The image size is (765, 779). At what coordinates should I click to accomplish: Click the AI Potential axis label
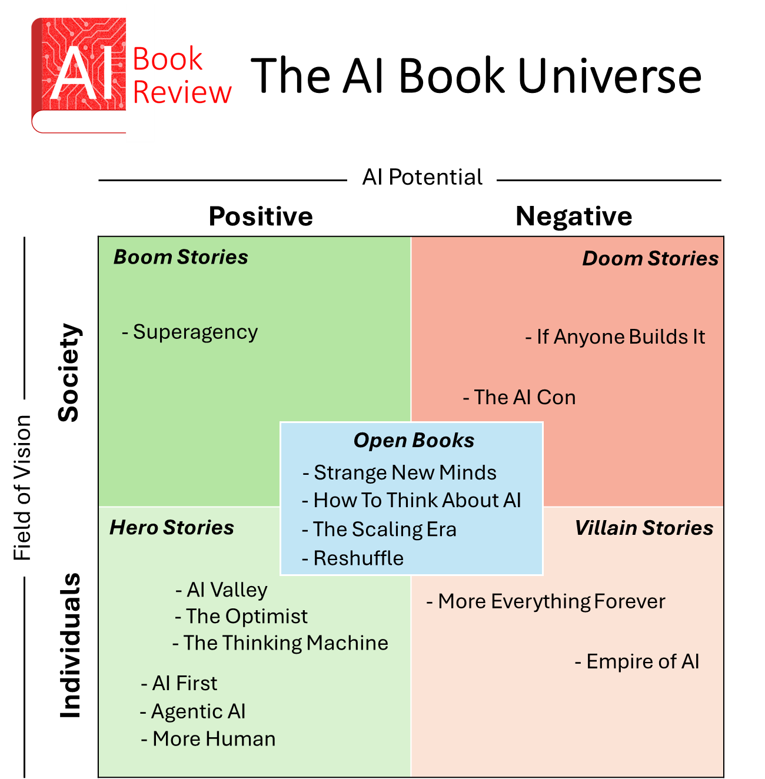pyautogui.click(x=422, y=177)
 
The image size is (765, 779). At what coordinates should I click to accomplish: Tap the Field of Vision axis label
pyautogui.click(x=22, y=488)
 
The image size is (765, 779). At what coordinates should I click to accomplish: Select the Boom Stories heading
pyautogui.click(x=181, y=257)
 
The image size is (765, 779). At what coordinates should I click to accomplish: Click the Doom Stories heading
pyautogui.click(x=650, y=258)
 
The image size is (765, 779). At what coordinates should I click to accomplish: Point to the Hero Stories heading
pyautogui.click(x=172, y=528)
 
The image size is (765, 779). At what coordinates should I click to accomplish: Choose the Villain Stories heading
pyautogui.click(x=644, y=528)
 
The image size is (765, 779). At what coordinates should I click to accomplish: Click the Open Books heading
pyautogui.click(x=414, y=440)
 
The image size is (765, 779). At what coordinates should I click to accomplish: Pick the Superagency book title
pyautogui.click(x=195, y=332)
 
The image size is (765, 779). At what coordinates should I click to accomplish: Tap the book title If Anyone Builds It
pyautogui.click(x=620, y=337)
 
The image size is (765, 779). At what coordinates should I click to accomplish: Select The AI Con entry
pyautogui.click(x=524, y=397)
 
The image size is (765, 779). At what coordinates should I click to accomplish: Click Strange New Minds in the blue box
pyautogui.click(x=405, y=472)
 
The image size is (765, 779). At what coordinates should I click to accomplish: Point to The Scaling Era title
pyautogui.click(x=384, y=529)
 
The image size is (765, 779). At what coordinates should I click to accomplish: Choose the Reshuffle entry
pyautogui.click(x=358, y=558)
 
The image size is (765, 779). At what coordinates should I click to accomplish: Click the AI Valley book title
pyautogui.click(x=227, y=590)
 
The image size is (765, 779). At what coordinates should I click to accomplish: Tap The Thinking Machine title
pyautogui.click(x=285, y=643)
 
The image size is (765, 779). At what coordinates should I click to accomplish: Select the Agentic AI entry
pyautogui.click(x=198, y=711)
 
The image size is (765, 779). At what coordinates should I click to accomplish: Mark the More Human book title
pyautogui.click(x=214, y=739)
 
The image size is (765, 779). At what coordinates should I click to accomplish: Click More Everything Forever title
pyautogui.click(x=551, y=601)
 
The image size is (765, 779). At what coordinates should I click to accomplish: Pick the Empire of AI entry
pyautogui.click(x=643, y=661)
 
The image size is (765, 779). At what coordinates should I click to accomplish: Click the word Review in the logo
pyautogui.click(x=182, y=92)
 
